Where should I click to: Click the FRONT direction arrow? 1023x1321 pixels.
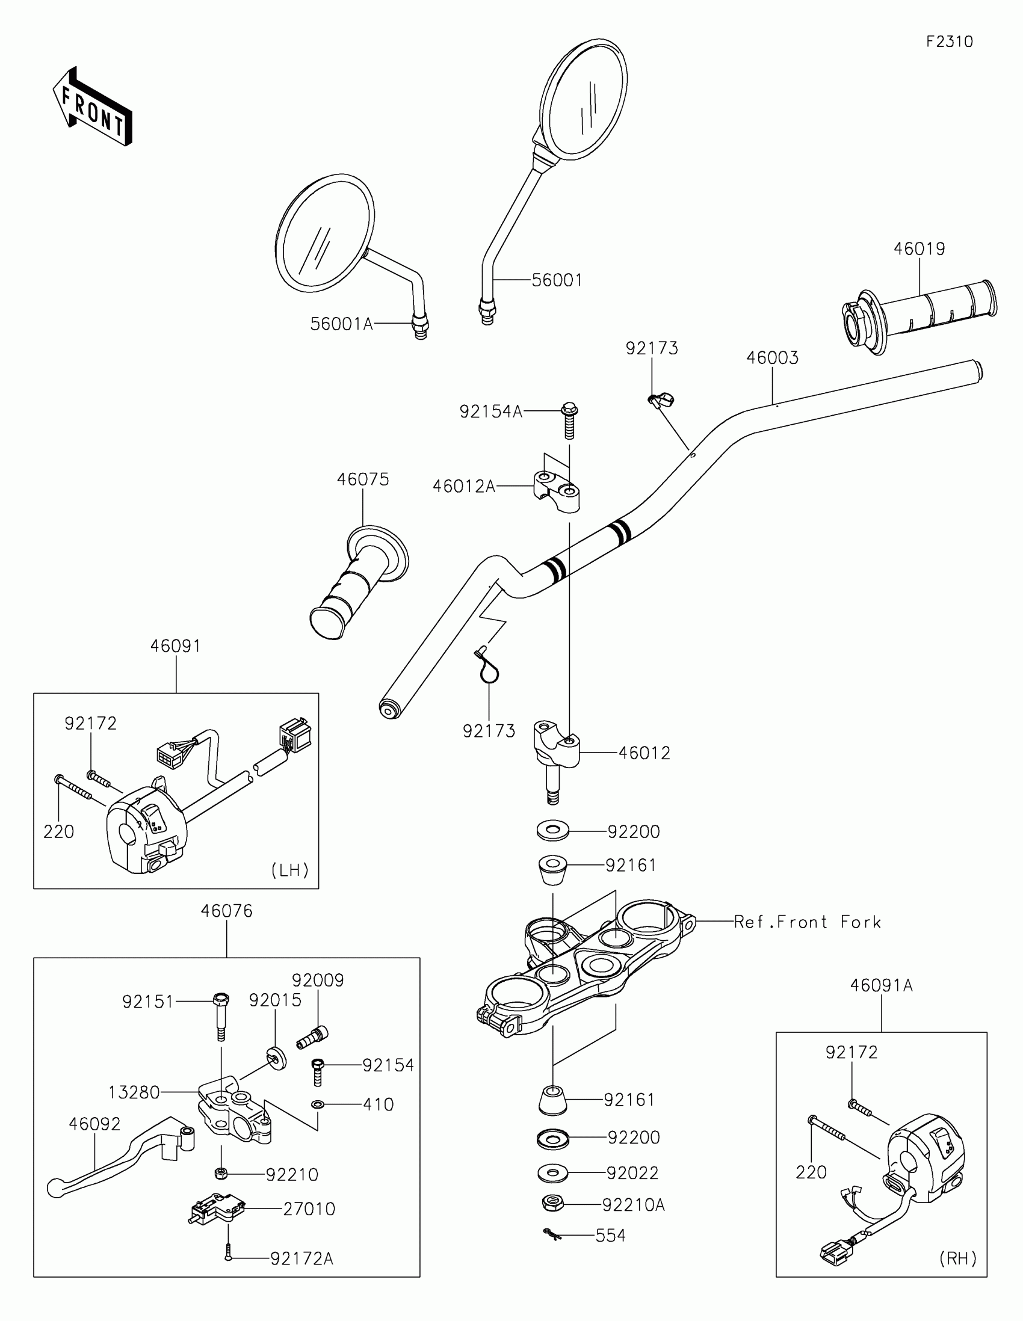92,106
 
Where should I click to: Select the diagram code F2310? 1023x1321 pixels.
949,42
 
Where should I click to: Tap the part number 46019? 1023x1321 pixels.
919,248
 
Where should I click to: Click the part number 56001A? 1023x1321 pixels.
341,324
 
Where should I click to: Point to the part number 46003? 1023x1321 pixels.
772,357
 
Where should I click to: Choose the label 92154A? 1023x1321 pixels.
490,412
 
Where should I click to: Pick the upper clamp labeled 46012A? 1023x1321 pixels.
557,491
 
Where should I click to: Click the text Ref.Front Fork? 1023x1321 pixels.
807,922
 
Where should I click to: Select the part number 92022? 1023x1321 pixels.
633,1173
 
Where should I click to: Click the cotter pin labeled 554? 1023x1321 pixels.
551,1234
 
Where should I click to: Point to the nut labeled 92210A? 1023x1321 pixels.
552,1204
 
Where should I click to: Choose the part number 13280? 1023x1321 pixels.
134,1092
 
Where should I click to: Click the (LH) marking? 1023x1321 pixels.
290,870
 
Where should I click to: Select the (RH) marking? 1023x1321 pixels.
958,1258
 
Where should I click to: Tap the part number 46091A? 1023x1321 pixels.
881,985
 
